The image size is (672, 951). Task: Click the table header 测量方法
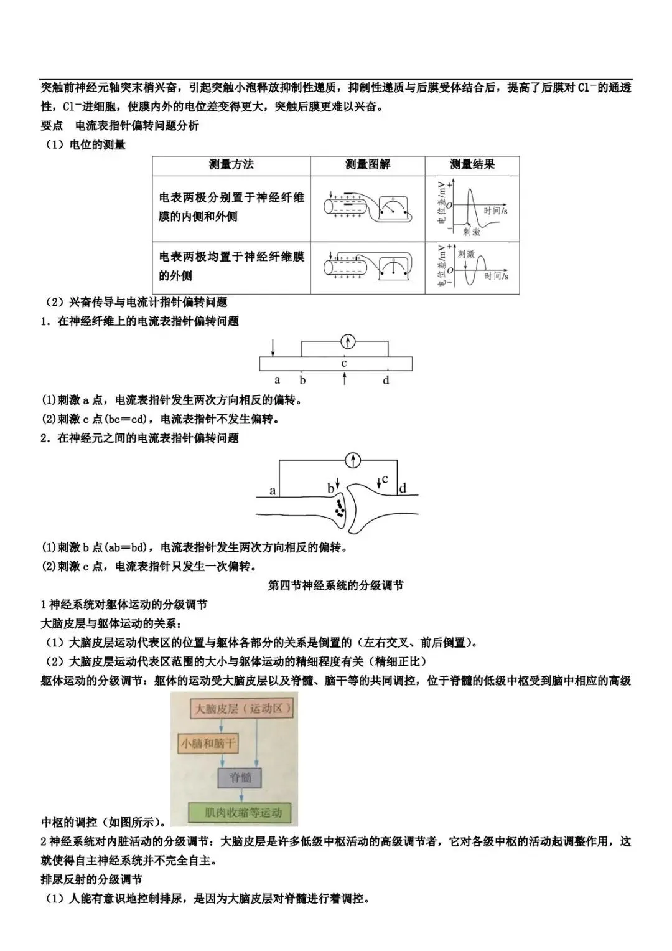point(231,164)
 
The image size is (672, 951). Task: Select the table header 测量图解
point(367,164)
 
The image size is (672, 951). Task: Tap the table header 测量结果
point(472,164)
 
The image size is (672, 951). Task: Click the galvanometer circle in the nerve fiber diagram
point(348,342)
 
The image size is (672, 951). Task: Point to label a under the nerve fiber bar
point(277,380)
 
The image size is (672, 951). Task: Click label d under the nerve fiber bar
point(386,380)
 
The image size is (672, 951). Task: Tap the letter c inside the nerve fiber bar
point(344,364)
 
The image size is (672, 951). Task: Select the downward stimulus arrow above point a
point(273,348)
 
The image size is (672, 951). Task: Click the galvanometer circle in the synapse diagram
point(353,460)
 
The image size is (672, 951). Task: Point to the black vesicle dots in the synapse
point(339,509)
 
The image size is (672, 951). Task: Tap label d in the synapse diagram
point(403,488)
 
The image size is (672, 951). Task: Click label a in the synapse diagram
point(273,491)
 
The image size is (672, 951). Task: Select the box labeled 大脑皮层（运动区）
point(242,709)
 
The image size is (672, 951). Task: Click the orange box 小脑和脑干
point(208,744)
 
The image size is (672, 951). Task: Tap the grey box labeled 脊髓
point(240,778)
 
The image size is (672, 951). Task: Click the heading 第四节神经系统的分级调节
point(335,586)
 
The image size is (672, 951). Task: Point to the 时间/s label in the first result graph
point(495,211)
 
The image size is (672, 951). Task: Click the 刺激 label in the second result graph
point(466,254)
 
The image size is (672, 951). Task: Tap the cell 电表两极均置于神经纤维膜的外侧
point(231,266)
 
